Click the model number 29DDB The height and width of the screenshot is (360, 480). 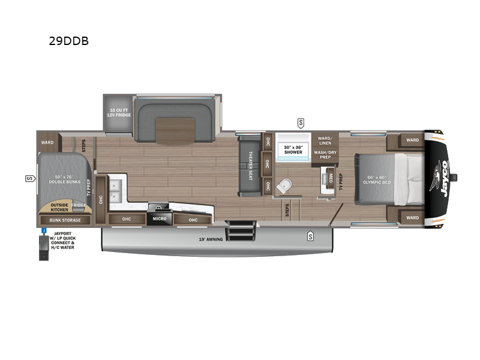pyautogui.click(x=69, y=43)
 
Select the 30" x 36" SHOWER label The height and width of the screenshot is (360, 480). pyautogui.click(x=293, y=149)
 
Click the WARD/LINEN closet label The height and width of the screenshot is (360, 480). pyautogui.click(x=325, y=140)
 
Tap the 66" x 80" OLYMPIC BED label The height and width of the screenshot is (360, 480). pyautogui.click(x=377, y=179)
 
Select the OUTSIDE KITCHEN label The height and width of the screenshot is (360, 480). pyautogui.click(x=59, y=208)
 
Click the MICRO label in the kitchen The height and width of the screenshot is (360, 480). pyautogui.click(x=160, y=219)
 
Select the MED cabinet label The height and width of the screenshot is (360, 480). pyautogui.click(x=330, y=177)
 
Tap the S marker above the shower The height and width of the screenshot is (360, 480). pyautogui.click(x=300, y=124)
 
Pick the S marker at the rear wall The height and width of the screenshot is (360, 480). pyautogui.click(x=29, y=179)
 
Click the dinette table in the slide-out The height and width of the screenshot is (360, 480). pyautogui.click(x=175, y=131)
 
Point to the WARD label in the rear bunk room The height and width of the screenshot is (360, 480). pyautogui.click(x=47, y=143)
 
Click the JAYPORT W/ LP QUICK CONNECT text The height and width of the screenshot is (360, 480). pyautogui.click(x=62, y=239)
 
